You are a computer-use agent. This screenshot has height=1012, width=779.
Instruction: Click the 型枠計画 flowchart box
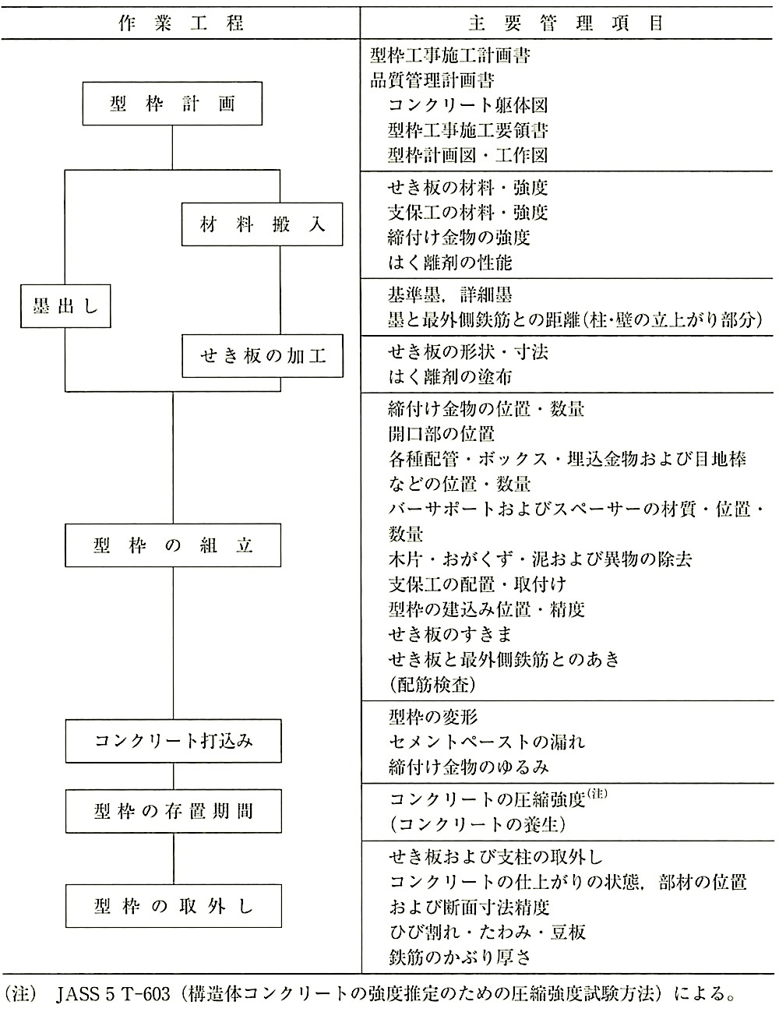(x=172, y=104)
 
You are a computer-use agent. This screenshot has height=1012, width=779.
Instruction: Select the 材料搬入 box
(x=263, y=224)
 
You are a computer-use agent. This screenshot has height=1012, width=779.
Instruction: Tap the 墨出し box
(x=65, y=306)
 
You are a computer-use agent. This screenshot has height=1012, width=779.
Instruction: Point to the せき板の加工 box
(x=263, y=356)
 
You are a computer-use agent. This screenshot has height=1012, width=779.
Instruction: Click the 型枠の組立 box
(x=173, y=545)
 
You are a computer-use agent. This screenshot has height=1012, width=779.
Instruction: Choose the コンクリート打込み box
(x=173, y=740)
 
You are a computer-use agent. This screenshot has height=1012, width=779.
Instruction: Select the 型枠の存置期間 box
(x=173, y=811)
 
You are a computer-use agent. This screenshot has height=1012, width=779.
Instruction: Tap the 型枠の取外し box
(x=173, y=906)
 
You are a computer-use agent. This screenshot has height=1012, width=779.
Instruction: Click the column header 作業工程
(x=181, y=23)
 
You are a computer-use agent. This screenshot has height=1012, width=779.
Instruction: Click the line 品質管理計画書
(x=432, y=80)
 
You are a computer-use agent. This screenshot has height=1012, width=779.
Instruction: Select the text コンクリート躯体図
(x=468, y=105)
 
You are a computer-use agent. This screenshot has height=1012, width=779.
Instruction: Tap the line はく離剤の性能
(x=449, y=263)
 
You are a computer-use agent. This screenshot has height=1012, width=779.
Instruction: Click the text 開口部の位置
(x=441, y=434)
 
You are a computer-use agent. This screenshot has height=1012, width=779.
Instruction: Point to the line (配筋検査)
(x=432, y=684)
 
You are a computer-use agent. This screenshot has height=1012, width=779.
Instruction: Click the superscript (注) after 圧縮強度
(x=597, y=793)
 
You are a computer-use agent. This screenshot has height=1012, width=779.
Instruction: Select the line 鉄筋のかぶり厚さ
(x=460, y=957)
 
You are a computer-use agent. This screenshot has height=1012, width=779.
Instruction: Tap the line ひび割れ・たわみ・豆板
(x=487, y=932)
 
